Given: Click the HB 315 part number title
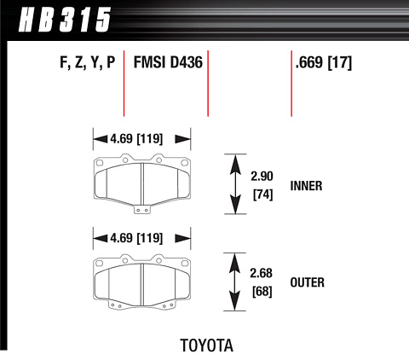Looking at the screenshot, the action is [64, 20].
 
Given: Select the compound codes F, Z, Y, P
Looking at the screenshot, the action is [88, 62].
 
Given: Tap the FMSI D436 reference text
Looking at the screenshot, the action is [168, 62].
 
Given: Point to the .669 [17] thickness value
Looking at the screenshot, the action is [324, 62].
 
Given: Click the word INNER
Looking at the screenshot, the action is [306, 186].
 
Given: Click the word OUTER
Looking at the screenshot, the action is [307, 282].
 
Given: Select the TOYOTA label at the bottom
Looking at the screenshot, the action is [207, 345].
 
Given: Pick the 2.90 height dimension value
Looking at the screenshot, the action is [262, 177].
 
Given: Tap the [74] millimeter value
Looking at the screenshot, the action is [263, 195].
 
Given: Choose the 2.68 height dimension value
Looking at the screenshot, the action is [262, 273].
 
